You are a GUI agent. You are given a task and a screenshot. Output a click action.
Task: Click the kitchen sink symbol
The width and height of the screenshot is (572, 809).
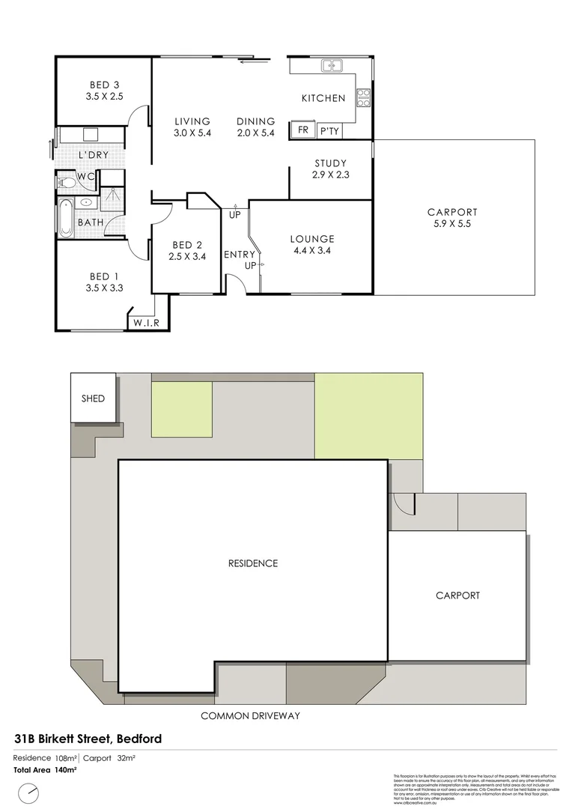pos(332,66)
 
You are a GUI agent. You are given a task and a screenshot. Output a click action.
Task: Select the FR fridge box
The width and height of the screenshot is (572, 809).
pos(303,130)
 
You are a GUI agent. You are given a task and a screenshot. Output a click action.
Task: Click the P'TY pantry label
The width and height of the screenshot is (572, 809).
pos(329,130)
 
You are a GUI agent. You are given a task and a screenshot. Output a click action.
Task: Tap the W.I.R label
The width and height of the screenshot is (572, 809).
pos(147,323)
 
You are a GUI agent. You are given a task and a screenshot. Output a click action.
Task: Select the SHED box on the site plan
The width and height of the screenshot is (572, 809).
pos(94,399)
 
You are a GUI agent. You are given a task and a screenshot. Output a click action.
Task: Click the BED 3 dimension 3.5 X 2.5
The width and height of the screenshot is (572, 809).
pos(103,97)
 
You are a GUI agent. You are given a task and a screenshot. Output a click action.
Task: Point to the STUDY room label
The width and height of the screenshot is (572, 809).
pos(330,163)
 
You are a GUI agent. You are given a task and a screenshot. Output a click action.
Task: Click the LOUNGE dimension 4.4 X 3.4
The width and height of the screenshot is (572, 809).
pos(312,251)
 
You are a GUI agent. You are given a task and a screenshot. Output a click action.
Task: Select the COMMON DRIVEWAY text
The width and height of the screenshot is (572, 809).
pos(250,716)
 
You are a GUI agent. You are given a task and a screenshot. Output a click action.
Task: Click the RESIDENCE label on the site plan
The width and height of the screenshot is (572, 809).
pos(253,563)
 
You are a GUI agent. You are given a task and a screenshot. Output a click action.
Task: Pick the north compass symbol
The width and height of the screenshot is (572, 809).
pos(29,791)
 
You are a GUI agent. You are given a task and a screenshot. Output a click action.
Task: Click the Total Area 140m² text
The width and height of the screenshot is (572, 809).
pos(46,769)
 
